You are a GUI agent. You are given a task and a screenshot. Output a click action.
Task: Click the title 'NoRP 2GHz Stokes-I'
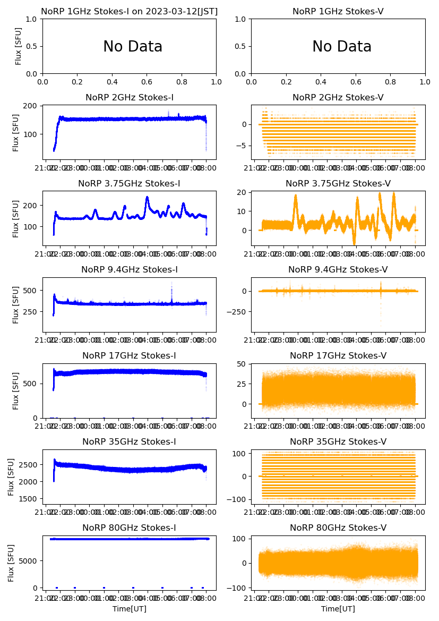point(130,97)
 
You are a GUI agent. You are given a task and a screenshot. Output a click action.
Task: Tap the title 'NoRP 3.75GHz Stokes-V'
point(338,183)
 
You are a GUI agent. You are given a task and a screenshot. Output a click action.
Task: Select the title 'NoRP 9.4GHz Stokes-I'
point(130,269)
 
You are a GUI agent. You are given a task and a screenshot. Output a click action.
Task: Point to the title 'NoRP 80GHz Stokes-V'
point(338,528)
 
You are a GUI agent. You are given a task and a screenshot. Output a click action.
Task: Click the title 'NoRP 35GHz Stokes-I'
point(130,441)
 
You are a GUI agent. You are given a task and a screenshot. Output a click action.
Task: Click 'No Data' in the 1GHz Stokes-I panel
point(133,47)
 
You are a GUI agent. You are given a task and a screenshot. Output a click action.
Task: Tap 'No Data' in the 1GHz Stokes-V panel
point(342,47)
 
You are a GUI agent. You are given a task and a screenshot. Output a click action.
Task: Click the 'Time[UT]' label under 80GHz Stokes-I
point(130,609)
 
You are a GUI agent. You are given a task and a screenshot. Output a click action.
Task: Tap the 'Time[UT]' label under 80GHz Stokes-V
point(338,609)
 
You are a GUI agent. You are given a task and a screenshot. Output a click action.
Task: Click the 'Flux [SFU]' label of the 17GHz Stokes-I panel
point(16,391)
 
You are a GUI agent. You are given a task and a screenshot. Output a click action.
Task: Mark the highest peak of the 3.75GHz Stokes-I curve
point(147,198)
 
